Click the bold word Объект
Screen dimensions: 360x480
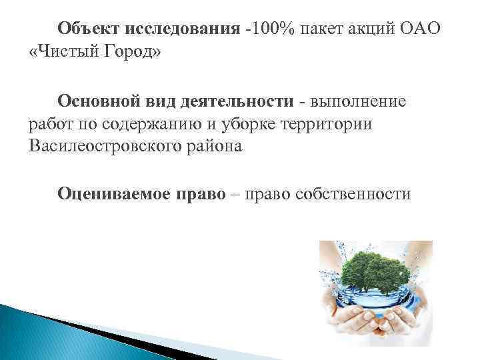[x=87, y=29]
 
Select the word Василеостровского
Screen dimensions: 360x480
[x=105, y=146]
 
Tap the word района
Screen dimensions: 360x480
[x=215, y=146]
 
